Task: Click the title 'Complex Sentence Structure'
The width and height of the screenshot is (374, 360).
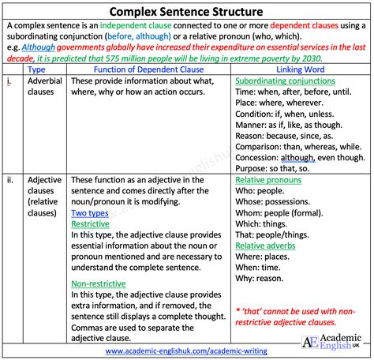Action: click(187, 12)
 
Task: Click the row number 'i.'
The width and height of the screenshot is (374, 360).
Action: click(9, 82)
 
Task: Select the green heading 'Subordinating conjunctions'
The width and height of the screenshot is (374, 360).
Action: click(282, 81)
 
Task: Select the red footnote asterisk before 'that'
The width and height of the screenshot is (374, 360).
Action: click(238, 312)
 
